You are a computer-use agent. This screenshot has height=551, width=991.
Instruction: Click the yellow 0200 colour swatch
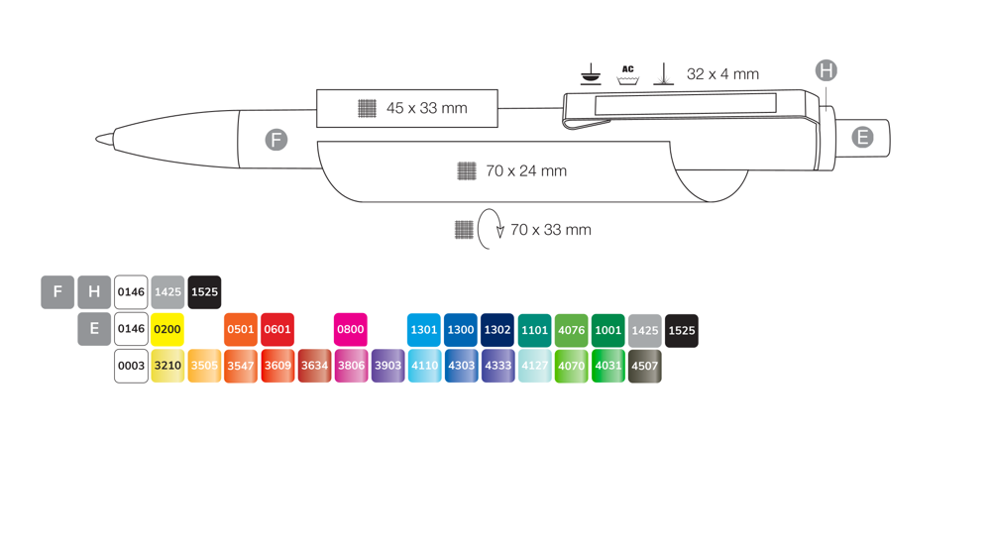pyautogui.click(x=167, y=329)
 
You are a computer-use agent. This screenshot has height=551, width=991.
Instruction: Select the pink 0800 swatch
pyautogui.click(x=351, y=329)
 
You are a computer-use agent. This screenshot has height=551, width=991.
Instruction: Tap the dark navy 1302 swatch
pyautogui.click(x=497, y=330)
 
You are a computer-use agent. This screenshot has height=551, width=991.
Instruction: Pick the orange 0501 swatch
pyautogui.click(x=241, y=329)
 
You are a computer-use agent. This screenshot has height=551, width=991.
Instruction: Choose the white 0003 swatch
pyautogui.click(x=131, y=366)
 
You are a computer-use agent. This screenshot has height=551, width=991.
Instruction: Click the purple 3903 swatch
pyautogui.click(x=387, y=366)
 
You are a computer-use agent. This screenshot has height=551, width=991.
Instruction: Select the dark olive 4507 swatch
pyautogui.click(x=645, y=366)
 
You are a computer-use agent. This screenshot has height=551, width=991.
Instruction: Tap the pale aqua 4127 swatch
pyautogui.click(x=535, y=366)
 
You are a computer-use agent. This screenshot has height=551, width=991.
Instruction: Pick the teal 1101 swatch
pyautogui.click(x=535, y=330)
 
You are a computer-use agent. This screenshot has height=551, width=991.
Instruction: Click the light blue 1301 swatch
pyautogui.click(x=424, y=330)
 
